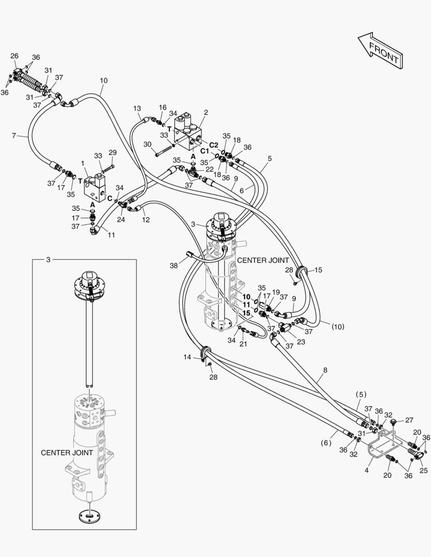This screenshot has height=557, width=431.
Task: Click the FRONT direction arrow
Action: pyautogui.click(x=380, y=51)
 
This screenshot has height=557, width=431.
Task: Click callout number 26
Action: pyautogui.click(x=14, y=56)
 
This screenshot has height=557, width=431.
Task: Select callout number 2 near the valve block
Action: pyautogui.click(x=206, y=112)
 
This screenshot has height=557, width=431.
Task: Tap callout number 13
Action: pyautogui.click(x=137, y=108)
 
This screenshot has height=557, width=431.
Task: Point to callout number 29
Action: pyautogui.click(x=113, y=152)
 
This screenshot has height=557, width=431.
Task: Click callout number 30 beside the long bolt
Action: pyautogui.click(x=148, y=144)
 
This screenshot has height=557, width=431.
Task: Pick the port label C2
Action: pyautogui.click(x=213, y=144)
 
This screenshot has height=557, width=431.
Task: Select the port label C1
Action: pyautogui.click(x=204, y=151)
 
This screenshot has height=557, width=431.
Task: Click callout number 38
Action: pyautogui.click(x=173, y=265)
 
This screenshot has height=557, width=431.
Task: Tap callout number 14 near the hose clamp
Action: pyautogui.click(x=187, y=357)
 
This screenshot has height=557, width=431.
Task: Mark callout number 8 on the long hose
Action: pyautogui.click(x=325, y=370)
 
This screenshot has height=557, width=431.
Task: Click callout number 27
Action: pyautogui.click(x=409, y=420)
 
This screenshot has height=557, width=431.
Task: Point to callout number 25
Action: pyautogui.click(x=424, y=471)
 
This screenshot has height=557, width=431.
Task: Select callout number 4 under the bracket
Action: pyautogui.click(x=366, y=470)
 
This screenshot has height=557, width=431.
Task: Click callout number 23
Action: pyautogui.click(x=301, y=342)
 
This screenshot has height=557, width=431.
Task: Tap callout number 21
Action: pyautogui.click(x=243, y=344)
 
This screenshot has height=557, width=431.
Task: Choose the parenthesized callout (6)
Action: pyautogui.click(x=326, y=443)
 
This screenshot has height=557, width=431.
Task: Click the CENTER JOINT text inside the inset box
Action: pyautogui.click(x=67, y=453)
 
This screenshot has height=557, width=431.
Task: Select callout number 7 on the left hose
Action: pyautogui.click(x=14, y=135)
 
